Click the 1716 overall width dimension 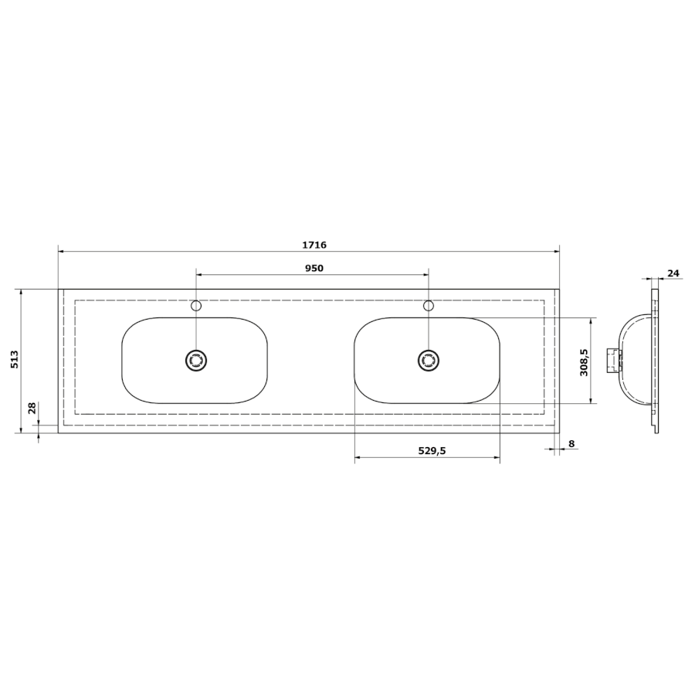point(314,245)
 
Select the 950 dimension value point(314,268)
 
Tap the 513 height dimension point(15,359)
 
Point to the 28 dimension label point(32,408)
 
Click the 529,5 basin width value point(432,451)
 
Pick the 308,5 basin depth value point(584,361)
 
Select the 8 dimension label point(571,444)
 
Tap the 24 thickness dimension point(673,273)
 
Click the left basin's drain point(196,361)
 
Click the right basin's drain point(428,361)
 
